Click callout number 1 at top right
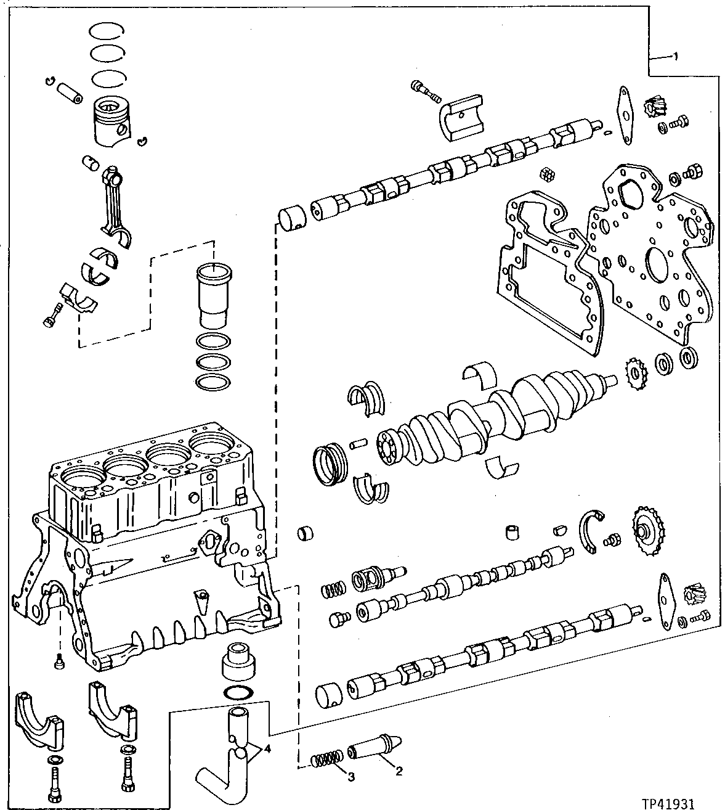tap(675, 57)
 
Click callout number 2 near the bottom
tap(399, 771)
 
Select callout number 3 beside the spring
tap(351, 777)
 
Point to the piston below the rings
tap(113, 121)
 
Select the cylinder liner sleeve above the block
tap(212, 296)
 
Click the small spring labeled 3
tap(325, 759)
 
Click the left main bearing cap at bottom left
tap(39, 721)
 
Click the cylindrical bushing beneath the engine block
tap(238, 663)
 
